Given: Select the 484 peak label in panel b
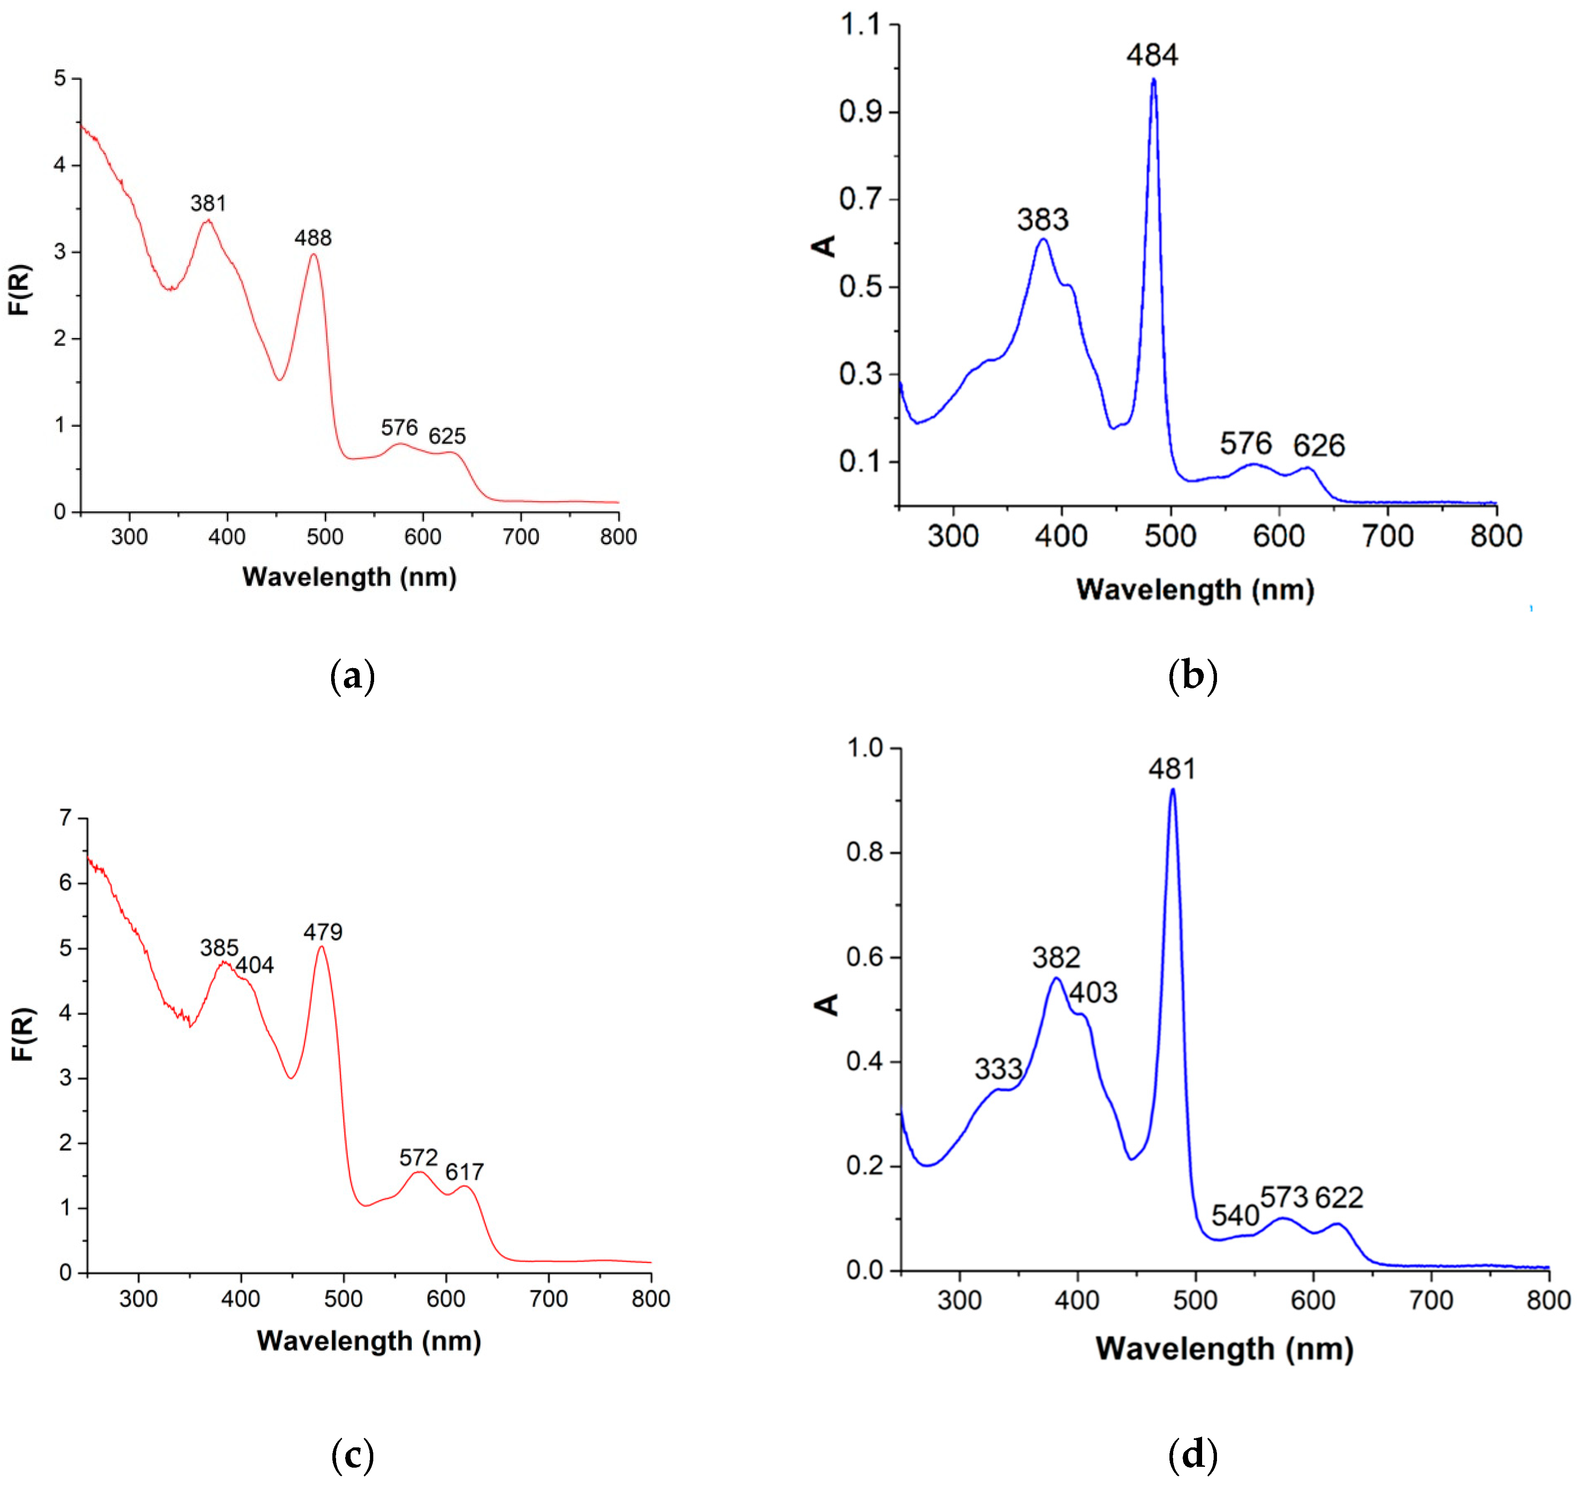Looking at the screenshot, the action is [x=1152, y=55].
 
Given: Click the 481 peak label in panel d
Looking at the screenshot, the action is [x=1172, y=769].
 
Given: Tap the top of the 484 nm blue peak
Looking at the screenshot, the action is [x=1153, y=79].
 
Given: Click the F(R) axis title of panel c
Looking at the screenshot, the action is [x=24, y=1034].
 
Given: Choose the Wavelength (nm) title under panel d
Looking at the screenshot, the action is [x=1224, y=1348].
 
